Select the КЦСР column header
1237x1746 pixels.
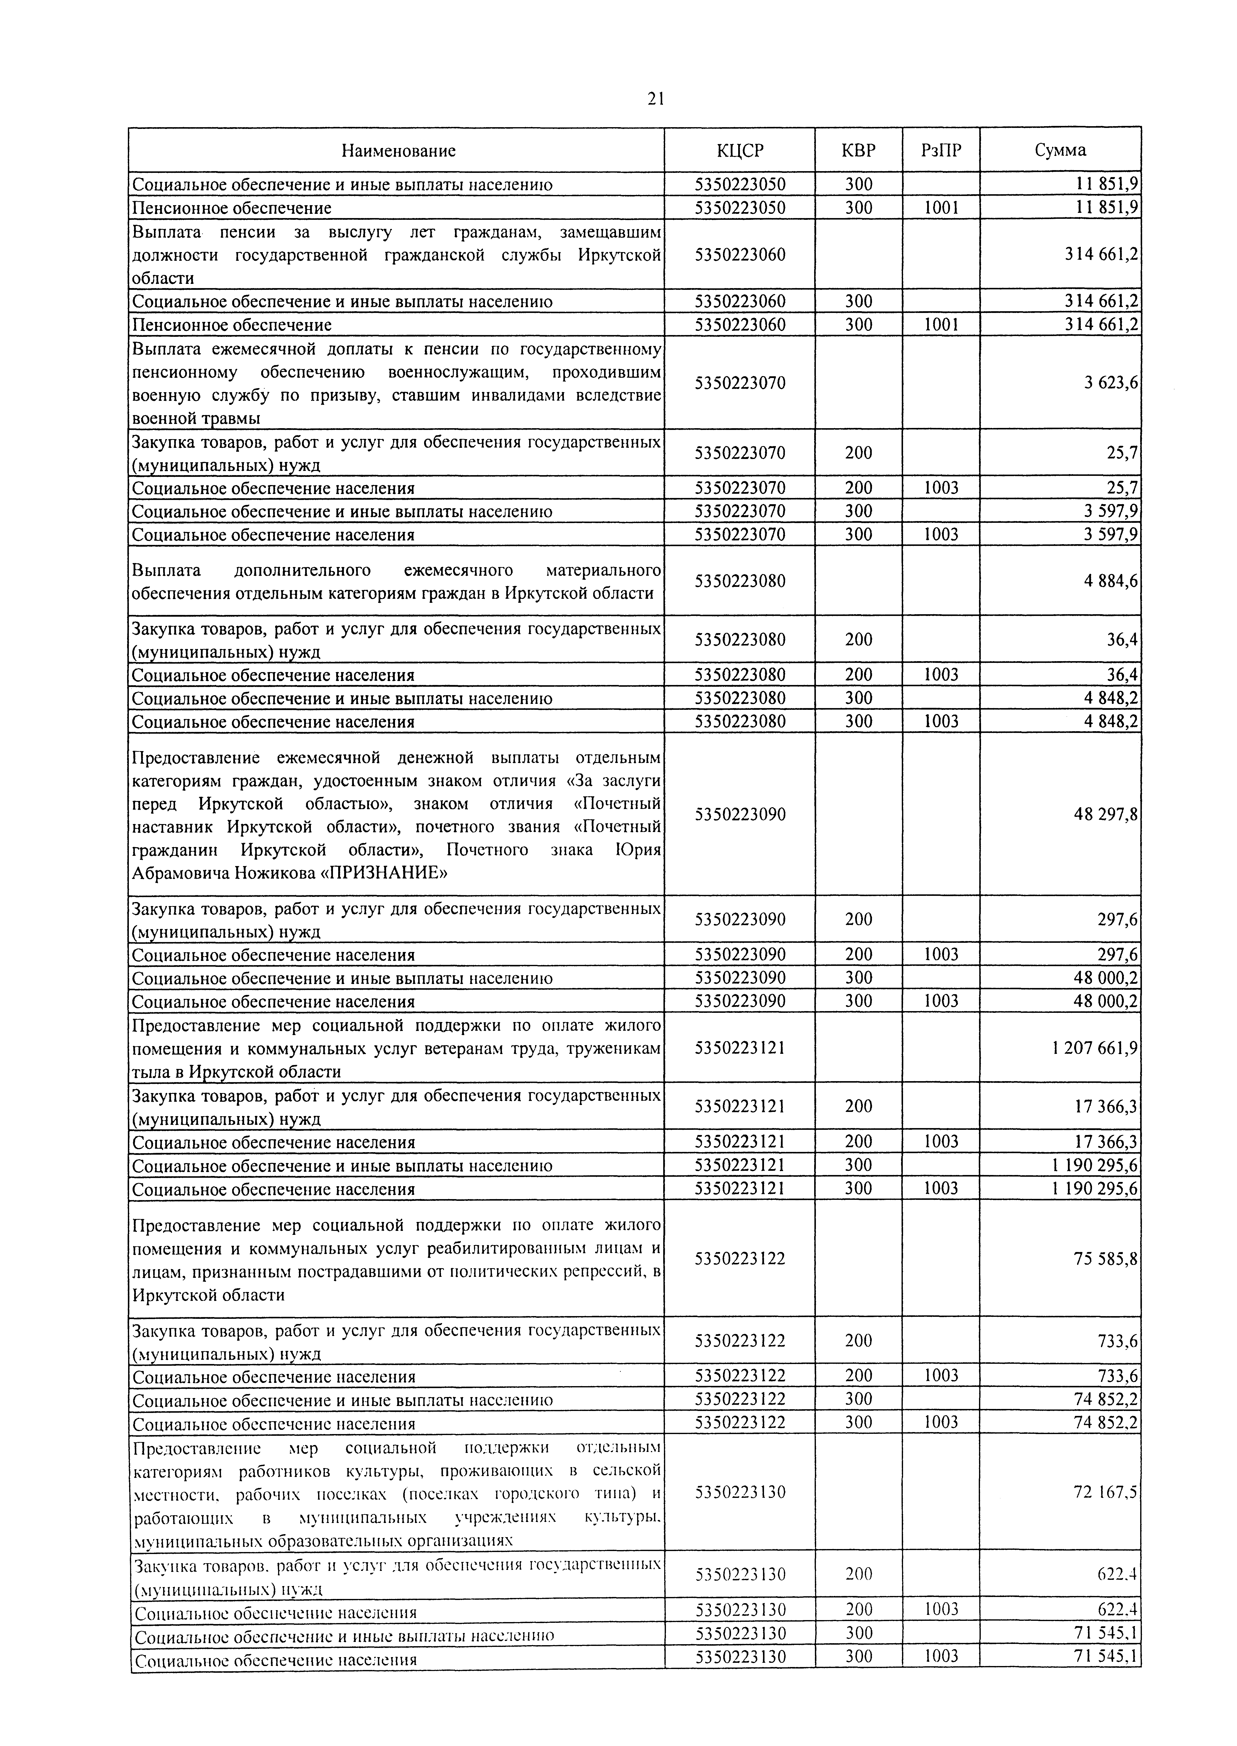740,151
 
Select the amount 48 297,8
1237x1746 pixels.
1106,814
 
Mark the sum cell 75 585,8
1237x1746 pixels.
1106,1259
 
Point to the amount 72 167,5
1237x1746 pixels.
1106,1492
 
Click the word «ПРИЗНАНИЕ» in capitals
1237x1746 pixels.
385,873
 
